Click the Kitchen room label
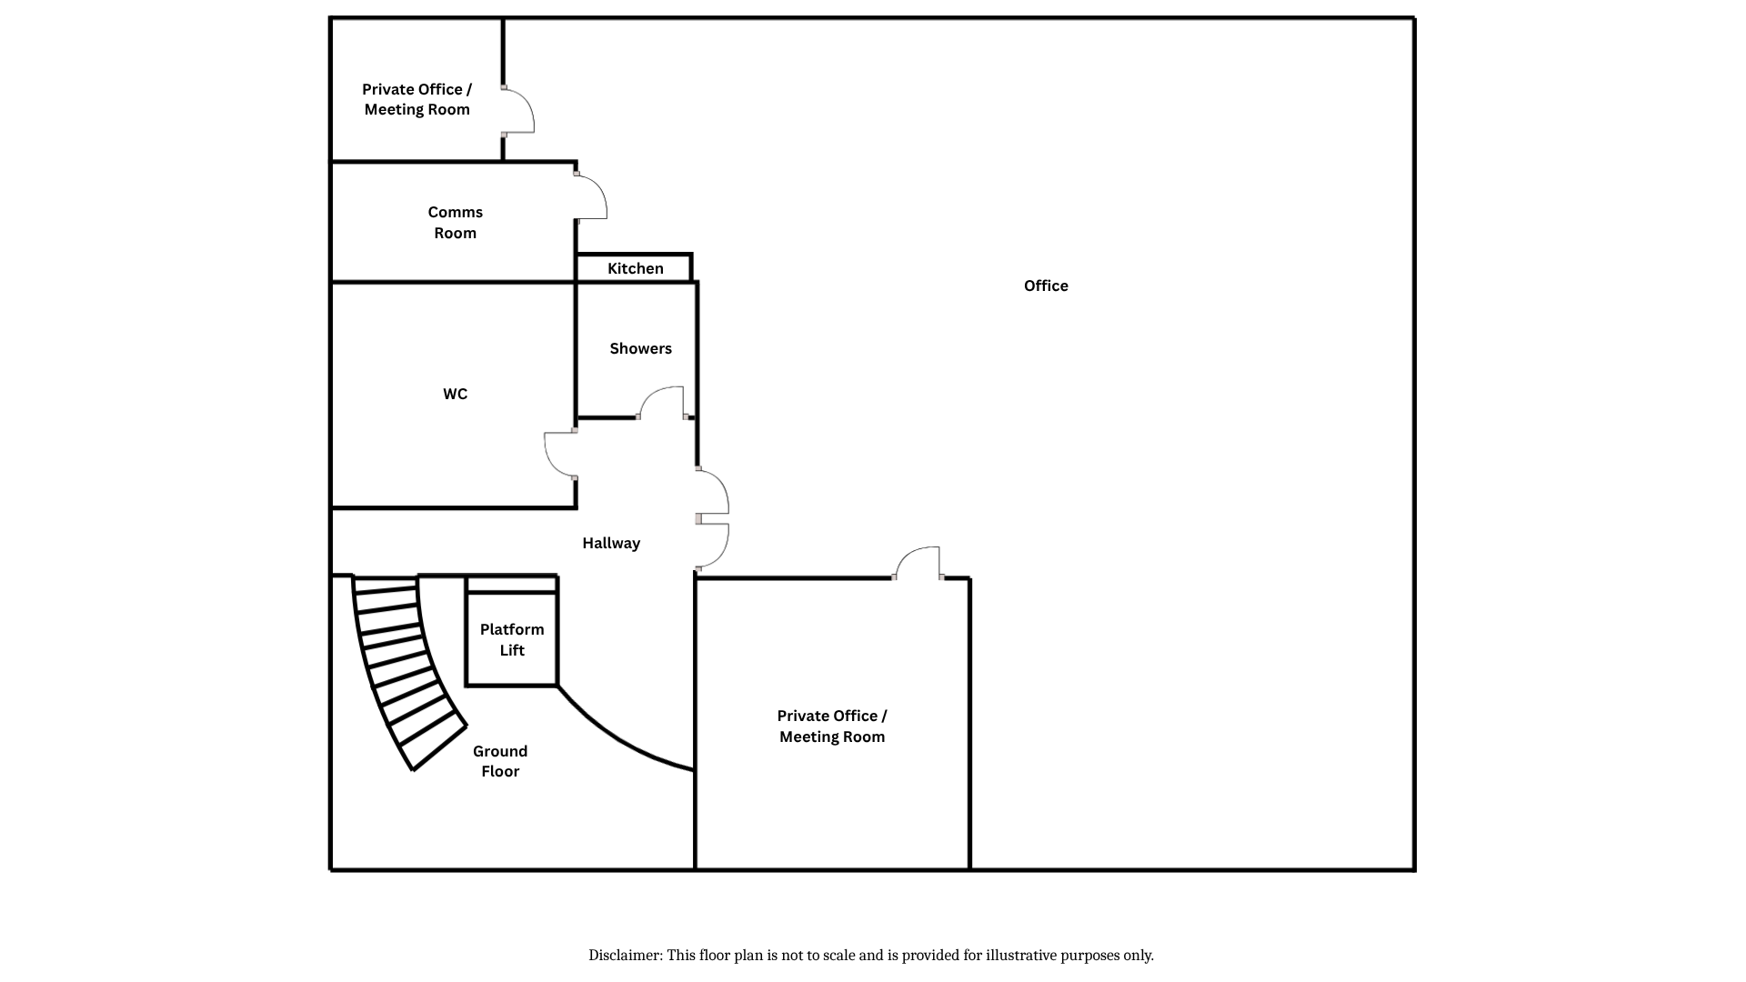636,268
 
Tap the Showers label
641,348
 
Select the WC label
456,394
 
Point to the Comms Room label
456,222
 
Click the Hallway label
611,543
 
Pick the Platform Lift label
512,639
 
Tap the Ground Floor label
500,761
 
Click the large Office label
1046,286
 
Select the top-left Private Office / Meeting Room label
417,99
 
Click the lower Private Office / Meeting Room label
832,726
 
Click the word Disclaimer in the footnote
625,956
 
